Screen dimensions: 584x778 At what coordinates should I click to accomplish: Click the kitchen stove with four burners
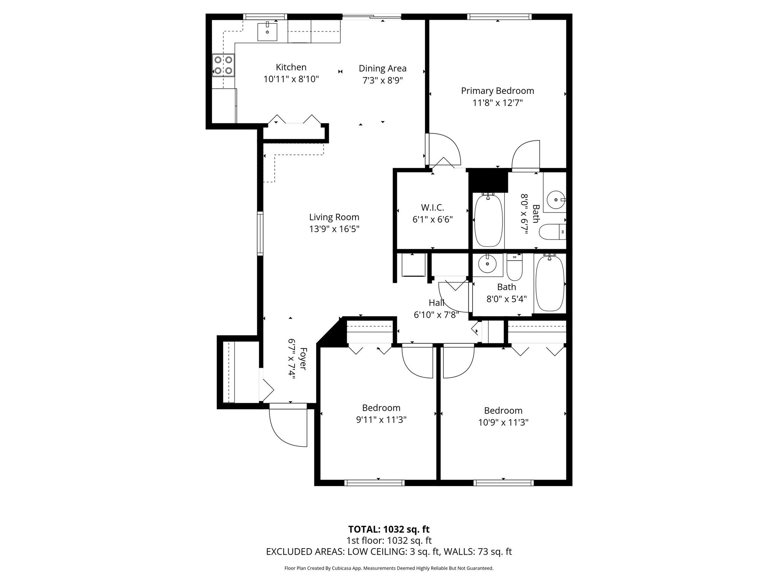223,65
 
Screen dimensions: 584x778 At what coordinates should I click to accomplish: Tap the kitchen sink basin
267,32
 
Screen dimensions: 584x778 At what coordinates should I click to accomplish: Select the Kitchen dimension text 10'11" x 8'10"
291,79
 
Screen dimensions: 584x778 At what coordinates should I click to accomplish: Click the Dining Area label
383,68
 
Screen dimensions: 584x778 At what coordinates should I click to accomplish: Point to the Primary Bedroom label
497,91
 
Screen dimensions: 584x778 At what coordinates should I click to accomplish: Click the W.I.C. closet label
432,208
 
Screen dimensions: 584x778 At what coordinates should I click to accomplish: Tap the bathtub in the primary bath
489,221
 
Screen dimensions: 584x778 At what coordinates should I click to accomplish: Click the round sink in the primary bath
555,199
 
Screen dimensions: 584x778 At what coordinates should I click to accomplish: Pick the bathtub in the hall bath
550,284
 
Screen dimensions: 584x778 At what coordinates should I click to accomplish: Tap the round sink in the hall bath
487,263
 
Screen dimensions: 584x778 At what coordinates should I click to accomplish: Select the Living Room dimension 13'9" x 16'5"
334,229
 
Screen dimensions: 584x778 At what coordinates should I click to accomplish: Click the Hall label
436,303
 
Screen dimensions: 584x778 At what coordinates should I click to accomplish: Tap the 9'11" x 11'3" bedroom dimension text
381,420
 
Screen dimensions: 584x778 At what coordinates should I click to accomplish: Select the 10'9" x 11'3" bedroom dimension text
503,422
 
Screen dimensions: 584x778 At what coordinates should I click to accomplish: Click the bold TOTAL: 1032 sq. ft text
389,529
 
